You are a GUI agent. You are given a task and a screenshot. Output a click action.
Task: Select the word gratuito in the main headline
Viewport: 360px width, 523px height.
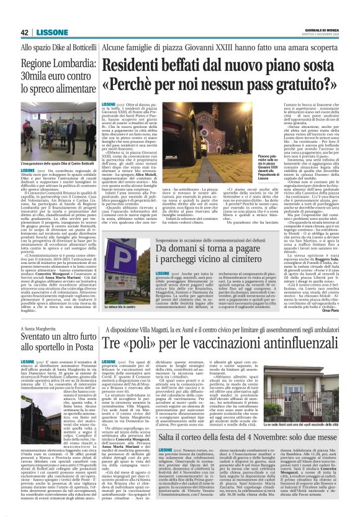[x=294, y=83]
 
